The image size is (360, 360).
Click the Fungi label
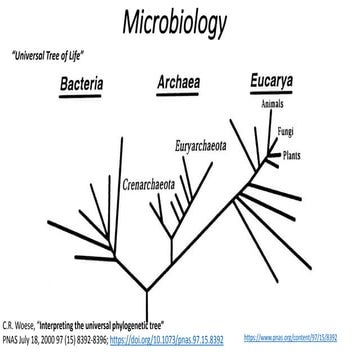(285, 130)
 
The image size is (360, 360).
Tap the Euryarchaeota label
(204, 145)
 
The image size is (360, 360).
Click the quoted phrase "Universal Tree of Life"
(49, 57)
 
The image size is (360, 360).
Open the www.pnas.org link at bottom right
(313, 341)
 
